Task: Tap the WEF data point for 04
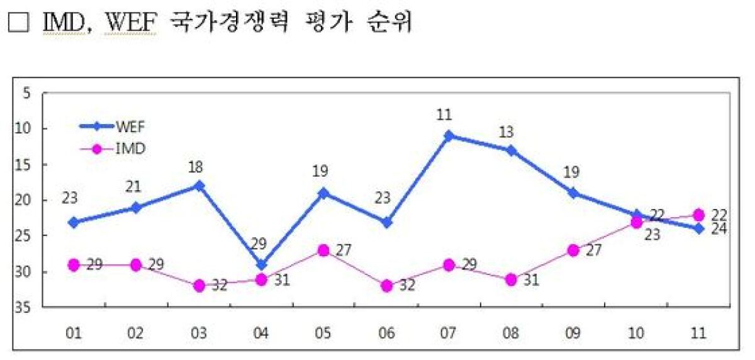(x=261, y=264)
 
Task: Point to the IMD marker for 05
(x=323, y=250)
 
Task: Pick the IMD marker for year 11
(x=698, y=215)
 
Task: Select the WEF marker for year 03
(x=199, y=186)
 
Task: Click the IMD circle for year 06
(x=386, y=286)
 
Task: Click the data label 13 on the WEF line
(x=506, y=132)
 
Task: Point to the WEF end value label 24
(x=719, y=229)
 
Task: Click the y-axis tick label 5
(x=27, y=93)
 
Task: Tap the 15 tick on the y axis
(x=24, y=165)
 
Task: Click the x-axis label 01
(x=74, y=333)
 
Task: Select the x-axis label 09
(x=573, y=333)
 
